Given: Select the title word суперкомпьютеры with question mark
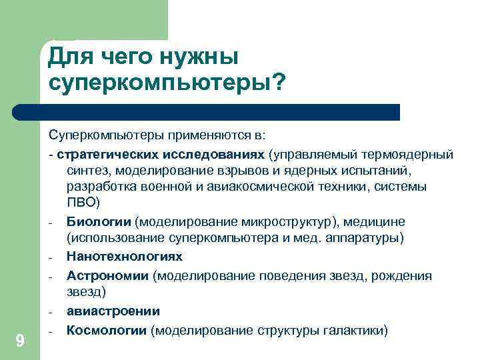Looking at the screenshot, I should point(167,83).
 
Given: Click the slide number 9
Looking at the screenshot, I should point(20,341).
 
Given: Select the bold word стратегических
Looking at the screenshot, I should point(105,153).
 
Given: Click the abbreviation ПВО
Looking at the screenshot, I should point(82,201).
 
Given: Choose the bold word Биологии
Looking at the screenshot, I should point(99,221).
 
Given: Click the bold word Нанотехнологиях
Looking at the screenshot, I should point(124,256).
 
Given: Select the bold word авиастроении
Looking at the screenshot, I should point(113,311).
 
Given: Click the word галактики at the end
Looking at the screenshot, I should point(355,330).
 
